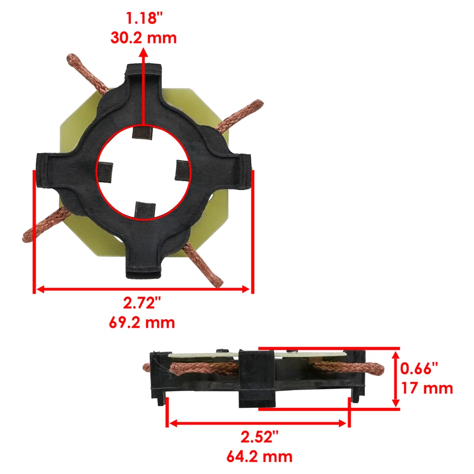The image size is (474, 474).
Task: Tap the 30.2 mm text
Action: click(144, 38)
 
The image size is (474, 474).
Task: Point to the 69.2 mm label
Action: click(142, 323)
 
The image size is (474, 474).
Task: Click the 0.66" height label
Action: click(419, 368)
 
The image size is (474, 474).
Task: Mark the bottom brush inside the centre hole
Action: click(145, 209)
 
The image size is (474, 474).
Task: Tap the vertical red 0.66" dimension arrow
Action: click(395, 378)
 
